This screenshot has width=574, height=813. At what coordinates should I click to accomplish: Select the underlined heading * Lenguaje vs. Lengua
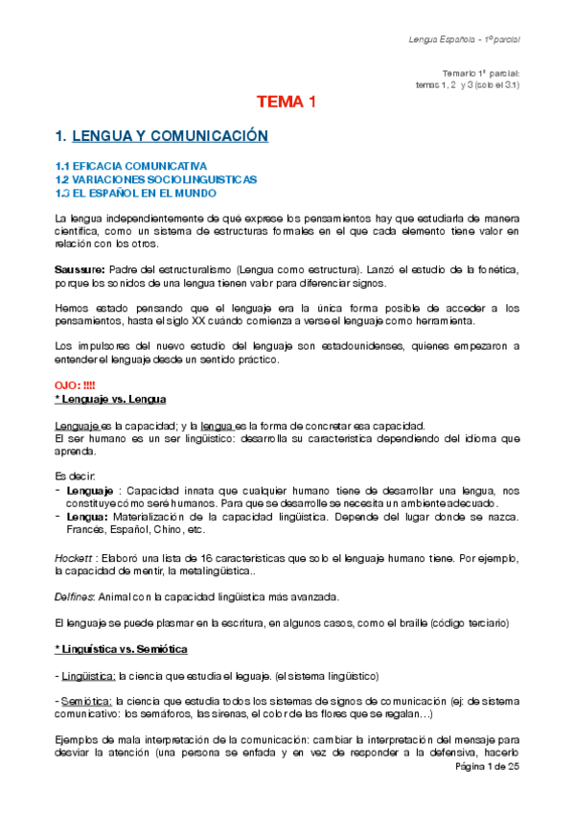click(111, 398)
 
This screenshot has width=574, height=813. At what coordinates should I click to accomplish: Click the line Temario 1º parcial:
click(481, 73)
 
